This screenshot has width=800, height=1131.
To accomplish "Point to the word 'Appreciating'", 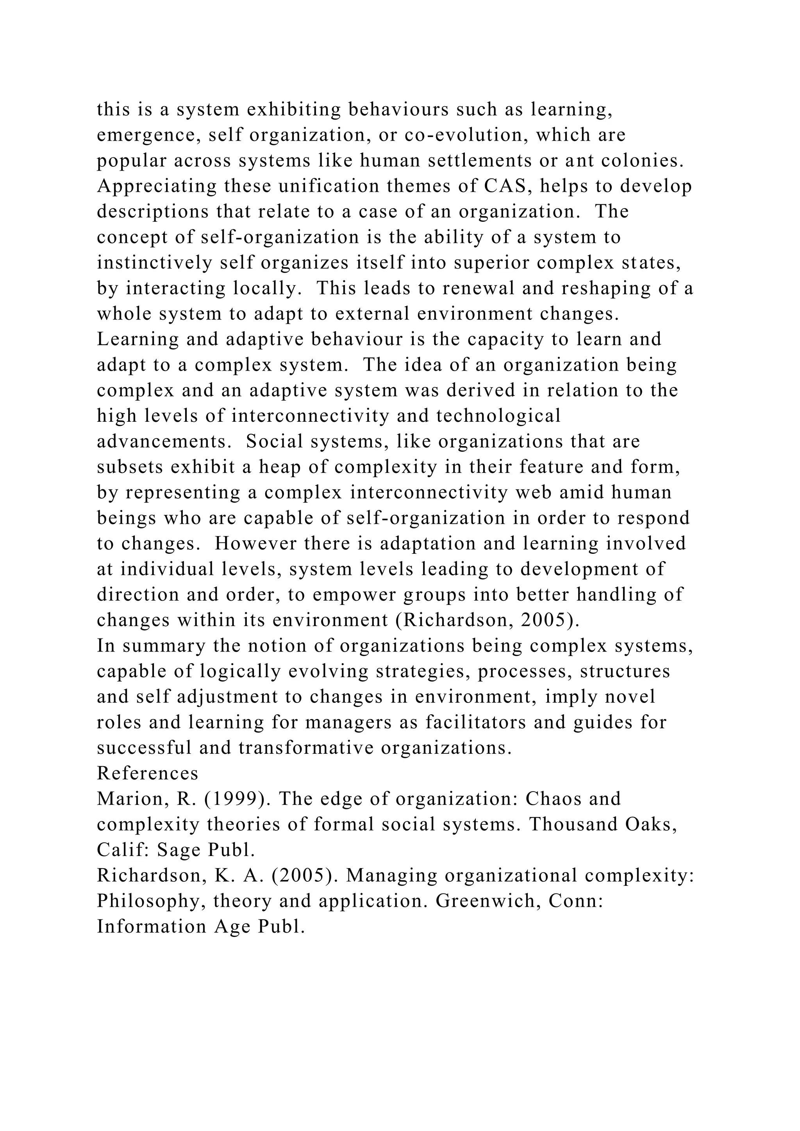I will (157, 187).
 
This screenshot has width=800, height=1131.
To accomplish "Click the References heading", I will (147, 774).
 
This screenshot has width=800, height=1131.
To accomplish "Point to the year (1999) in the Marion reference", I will (234, 799).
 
